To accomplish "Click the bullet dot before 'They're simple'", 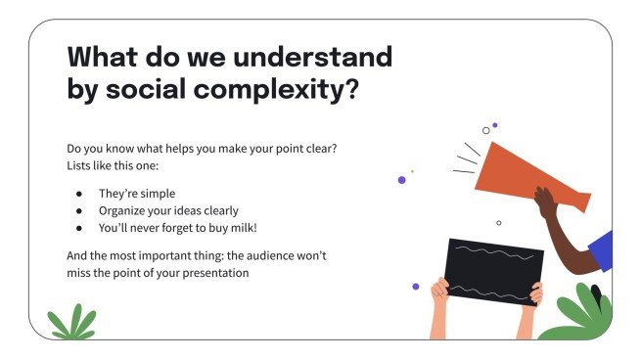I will pos(78,194).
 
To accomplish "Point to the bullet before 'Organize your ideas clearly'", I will pos(78,210).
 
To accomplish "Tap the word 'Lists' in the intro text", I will pos(82,165).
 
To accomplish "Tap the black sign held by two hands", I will pos(494,271).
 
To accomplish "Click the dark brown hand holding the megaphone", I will pos(548,205).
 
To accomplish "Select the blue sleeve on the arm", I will pos(602,251).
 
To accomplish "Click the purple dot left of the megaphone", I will pos(401,180).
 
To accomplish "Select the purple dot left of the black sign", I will pos(416,287).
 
